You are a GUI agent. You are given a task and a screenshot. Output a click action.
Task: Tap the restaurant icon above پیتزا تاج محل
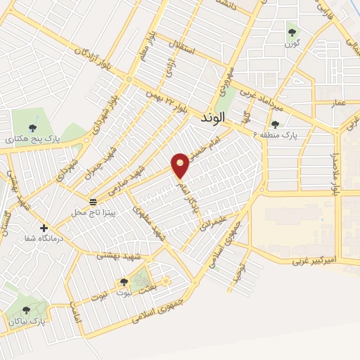pyautogui.click(x=94, y=201)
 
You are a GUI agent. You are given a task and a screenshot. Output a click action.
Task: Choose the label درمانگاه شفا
pyautogui.click(x=28, y=240)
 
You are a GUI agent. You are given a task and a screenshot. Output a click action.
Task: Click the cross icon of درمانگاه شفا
pyautogui.click(x=44, y=228)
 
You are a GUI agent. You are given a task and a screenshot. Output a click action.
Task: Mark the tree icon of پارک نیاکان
pyautogui.click(x=27, y=309)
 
